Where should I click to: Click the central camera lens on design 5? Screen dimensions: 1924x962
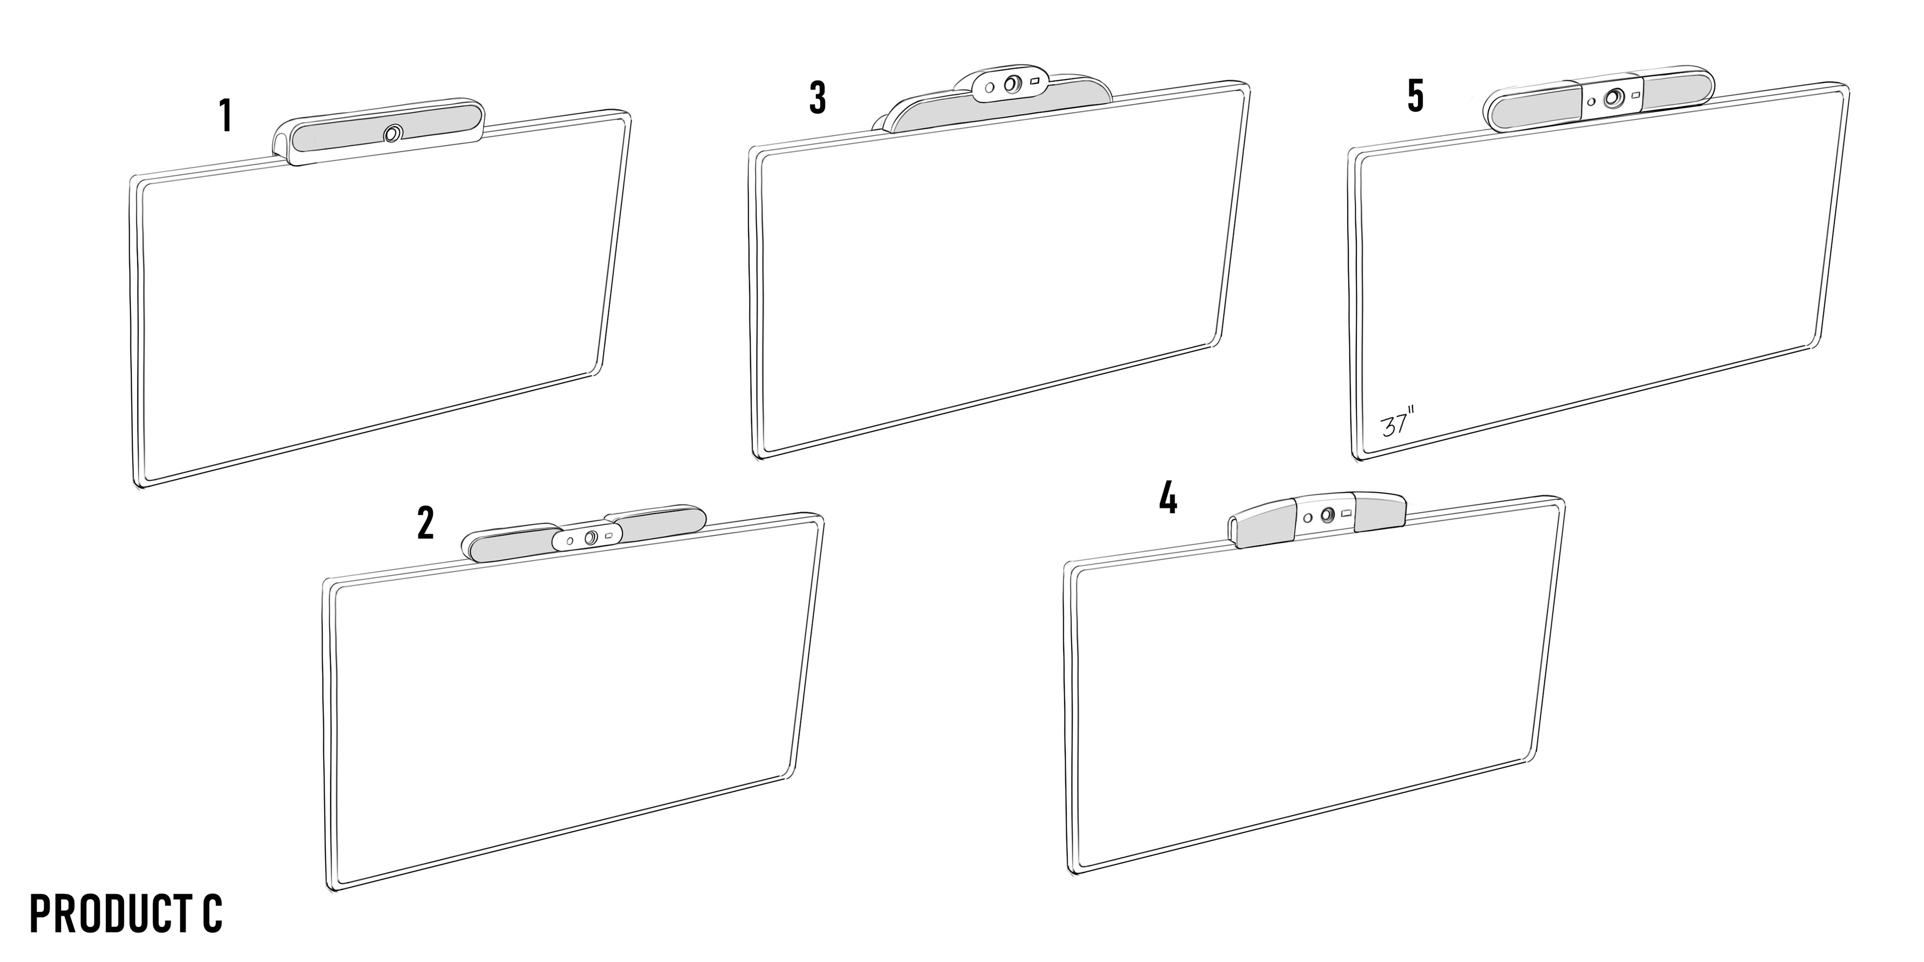pos(1614,98)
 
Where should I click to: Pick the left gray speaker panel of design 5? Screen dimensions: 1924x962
pos(1535,105)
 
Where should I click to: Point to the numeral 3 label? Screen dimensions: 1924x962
pos(818,97)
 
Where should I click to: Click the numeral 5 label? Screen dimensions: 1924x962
pos(1415,96)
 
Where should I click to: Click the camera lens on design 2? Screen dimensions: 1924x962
pos(590,537)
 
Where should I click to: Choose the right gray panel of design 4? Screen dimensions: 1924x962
pos(1380,514)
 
